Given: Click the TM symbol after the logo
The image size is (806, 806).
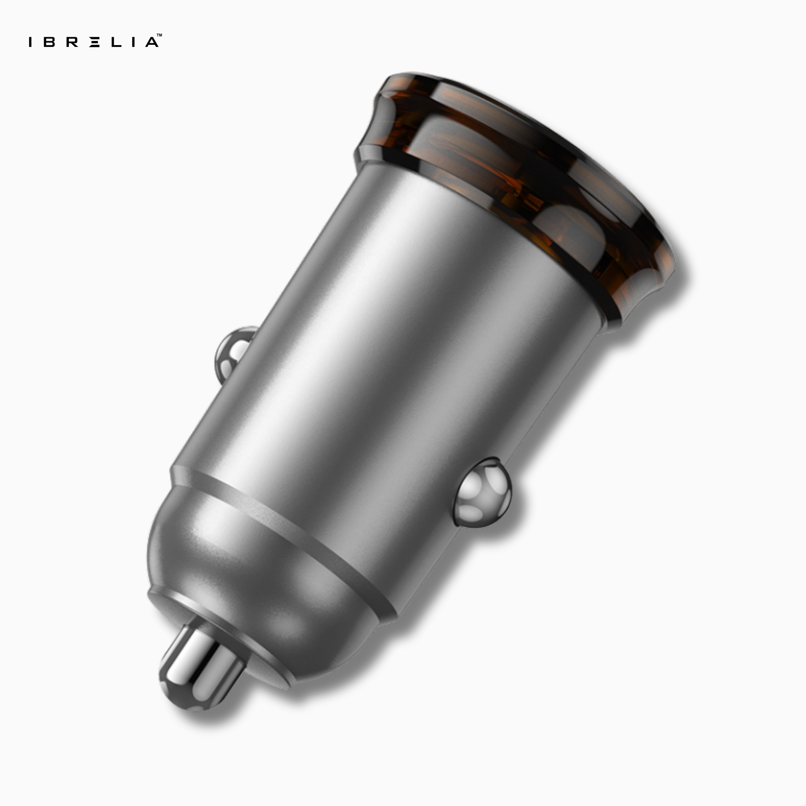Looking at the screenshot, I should tap(159, 36).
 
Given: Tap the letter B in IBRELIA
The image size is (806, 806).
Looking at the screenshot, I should tap(49, 42).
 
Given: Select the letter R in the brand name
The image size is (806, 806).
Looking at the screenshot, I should tap(72, 42).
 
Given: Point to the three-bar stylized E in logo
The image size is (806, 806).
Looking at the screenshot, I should tap(95, 42).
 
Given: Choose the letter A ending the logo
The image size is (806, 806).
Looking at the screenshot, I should tap(152, 42).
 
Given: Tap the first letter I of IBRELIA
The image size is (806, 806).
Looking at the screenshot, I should tap(30, 42).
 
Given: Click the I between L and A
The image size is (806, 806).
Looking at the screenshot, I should tap(133, 42).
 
